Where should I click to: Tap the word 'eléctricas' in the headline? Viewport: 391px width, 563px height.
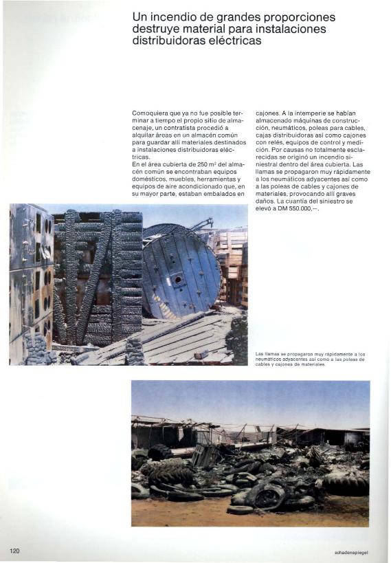[x=231, y=41]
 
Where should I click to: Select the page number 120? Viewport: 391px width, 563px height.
[x=16, y=550]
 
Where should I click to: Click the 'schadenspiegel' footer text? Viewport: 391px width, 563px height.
[x=352, y=551]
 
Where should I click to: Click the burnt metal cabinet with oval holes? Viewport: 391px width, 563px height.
[x=31, y=275]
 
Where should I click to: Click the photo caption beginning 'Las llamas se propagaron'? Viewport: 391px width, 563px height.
[x=309, y=359]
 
